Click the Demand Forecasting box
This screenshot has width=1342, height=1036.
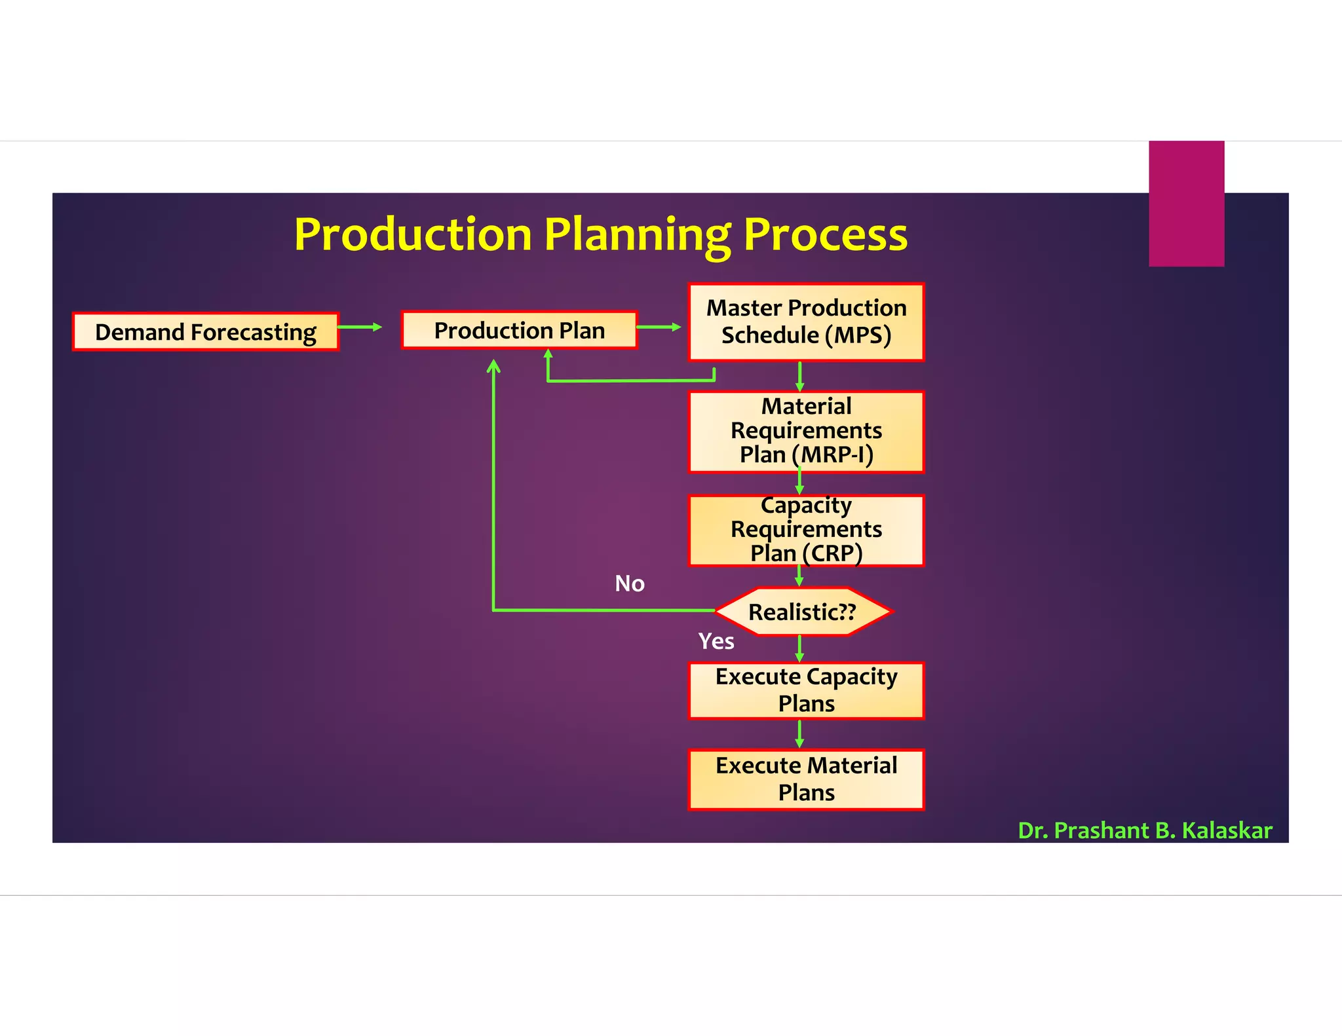point(205,332)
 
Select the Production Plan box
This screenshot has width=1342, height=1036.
point(519,330)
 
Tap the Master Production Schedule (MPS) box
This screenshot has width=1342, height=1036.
point(806,322)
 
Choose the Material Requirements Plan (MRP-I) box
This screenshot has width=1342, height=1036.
point(806,431)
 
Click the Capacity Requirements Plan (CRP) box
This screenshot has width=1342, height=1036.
point(806,530)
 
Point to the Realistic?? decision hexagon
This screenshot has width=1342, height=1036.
point(802,612)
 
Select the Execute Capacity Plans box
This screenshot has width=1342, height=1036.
point(806,690)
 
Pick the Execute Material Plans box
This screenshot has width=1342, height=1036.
point(806,779)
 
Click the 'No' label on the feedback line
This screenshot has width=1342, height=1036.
point(629,583)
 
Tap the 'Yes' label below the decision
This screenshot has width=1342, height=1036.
point(716,641)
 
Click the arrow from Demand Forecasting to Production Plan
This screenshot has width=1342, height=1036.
point(360,327)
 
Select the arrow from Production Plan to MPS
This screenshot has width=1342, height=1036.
point(659,327)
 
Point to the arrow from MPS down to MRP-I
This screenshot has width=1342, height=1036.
point(799,377)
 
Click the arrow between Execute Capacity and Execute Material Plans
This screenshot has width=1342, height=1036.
point(799,734)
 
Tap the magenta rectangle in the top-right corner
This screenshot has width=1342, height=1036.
point(1186,203)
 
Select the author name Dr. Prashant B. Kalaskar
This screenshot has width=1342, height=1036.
point(1145,830)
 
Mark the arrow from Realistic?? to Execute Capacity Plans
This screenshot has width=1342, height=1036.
point(799,649)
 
